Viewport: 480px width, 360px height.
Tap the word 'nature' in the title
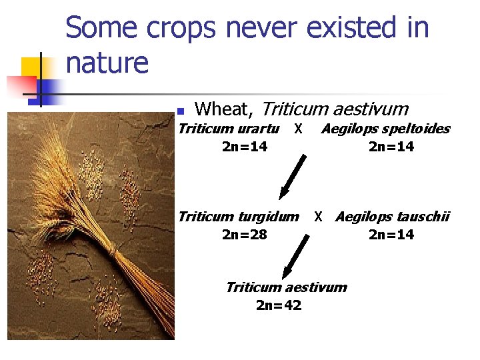point(107,63)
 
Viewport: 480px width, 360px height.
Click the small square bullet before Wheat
point(179,111)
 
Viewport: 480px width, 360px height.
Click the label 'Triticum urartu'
point(229,129)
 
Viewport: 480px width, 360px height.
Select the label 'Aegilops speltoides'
point(385,129)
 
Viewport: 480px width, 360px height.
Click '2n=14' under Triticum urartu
point(244,147)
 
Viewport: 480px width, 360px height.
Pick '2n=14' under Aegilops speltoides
point(391,147)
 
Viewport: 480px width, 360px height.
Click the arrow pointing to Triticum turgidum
point(292,177)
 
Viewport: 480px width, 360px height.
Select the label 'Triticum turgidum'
point(238,216)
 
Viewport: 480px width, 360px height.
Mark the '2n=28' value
point(244,235)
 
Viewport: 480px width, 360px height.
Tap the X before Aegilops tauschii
point(319,216)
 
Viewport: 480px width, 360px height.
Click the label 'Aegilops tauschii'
point(392,216)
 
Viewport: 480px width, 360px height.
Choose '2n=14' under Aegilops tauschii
point(391,235)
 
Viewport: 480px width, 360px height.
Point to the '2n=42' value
point(279,306)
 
